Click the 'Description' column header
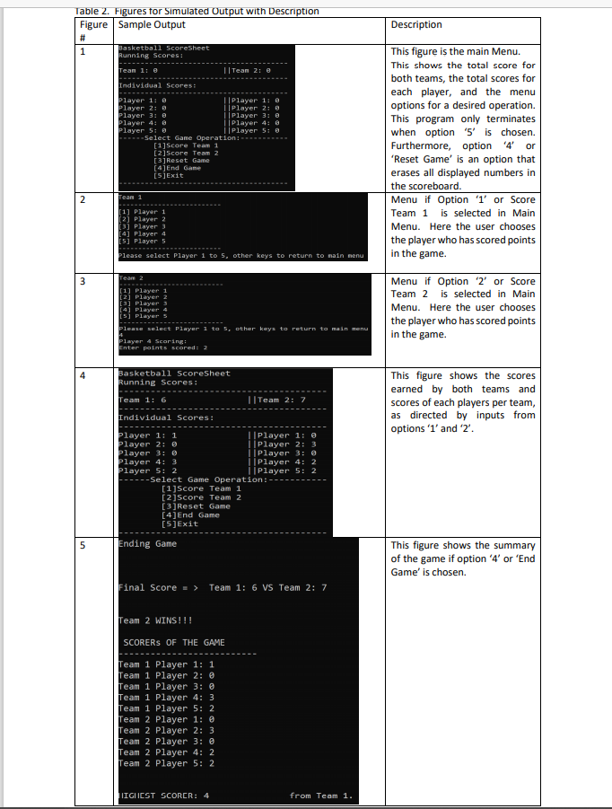point(416,24)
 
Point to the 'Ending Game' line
point(148,544)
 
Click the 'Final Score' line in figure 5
point(223,587)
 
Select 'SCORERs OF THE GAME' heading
point(174,643)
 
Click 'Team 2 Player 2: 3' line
point(166,730)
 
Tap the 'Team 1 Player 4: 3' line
point(166,697)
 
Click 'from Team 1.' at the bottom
point(321,796)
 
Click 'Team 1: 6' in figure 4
point(143,400)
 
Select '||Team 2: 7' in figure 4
point(276,400)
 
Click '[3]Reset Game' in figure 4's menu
point(195,506)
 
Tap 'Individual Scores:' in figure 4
point(166,418)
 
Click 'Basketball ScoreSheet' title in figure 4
point(174,374)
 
